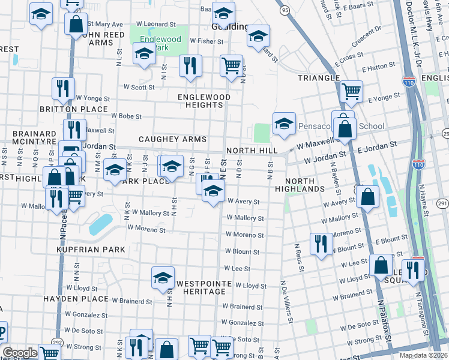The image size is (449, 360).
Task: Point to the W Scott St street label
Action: click(x=139, y=87)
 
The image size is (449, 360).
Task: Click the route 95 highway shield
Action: click(x=285, y=10)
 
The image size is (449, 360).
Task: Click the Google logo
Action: click(x=20, y=352)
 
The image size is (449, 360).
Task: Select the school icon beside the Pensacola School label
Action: click(x=284, y=124)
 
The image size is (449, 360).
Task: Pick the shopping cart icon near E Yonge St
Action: click(x=351, y=91)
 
